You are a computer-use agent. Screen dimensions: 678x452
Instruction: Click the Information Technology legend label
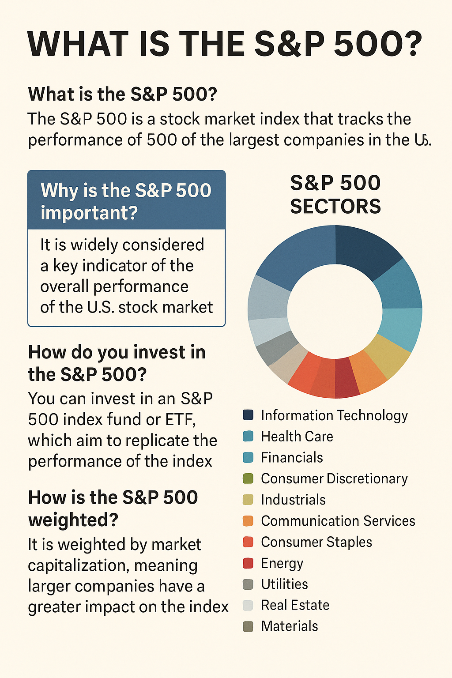pos(334,415)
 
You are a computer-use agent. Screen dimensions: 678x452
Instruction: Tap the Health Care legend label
pos(297,437)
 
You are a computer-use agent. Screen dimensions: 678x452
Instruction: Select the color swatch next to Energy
pos(248,563)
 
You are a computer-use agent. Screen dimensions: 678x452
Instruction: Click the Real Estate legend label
pos(295,605)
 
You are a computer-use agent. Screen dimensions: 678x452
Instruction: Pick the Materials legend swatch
pos(248,626)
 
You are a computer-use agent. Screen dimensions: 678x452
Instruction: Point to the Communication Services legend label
pos(338,521)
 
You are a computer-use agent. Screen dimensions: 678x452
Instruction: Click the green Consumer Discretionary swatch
pos(248,478)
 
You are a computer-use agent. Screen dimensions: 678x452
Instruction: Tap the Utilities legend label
pos(284,584)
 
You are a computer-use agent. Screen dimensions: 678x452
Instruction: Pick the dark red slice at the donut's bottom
pos(346,377)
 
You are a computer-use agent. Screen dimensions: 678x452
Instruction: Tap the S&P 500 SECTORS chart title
pos(335,195)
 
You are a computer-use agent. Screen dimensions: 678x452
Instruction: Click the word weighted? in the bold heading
pos(73,520)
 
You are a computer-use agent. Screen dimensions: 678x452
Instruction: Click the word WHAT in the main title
pos(77,44)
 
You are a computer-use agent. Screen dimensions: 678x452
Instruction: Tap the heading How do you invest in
pos(117,352)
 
